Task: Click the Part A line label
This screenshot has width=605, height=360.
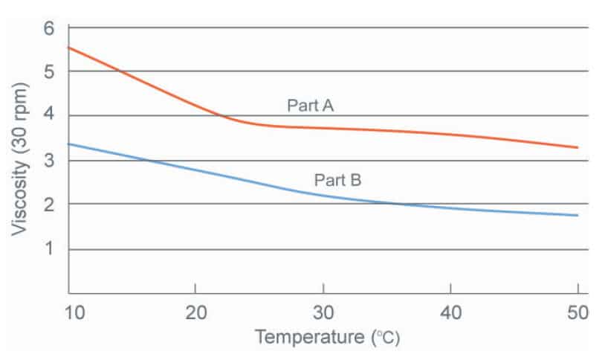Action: coord(310,106)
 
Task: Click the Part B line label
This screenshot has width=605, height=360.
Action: coord(337,179)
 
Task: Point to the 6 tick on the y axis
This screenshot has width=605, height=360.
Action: coord(50,28)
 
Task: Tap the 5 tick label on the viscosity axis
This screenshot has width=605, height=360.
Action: coord(50,72)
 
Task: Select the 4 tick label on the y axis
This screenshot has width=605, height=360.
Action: coord(50,116)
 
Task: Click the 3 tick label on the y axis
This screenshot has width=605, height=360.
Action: coord(50,161)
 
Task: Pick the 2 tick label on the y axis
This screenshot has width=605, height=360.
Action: coord(50,205)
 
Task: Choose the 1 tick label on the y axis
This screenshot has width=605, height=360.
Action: coord(50,249)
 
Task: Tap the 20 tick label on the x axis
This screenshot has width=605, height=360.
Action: coord(195,310)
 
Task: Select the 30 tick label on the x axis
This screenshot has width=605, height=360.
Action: coord(323,310)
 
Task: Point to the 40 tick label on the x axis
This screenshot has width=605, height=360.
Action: coord(450,310)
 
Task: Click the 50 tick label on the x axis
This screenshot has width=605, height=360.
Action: coord(577,310)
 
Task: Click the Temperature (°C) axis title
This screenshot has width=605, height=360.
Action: coord(327,338)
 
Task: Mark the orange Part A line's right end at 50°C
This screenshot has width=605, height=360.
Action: coord(577,147)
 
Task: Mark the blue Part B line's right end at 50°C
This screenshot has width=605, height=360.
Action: coord(577,215)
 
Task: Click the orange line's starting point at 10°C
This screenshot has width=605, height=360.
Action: coord(68,48)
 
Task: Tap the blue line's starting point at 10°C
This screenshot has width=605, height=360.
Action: coord(68,144)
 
